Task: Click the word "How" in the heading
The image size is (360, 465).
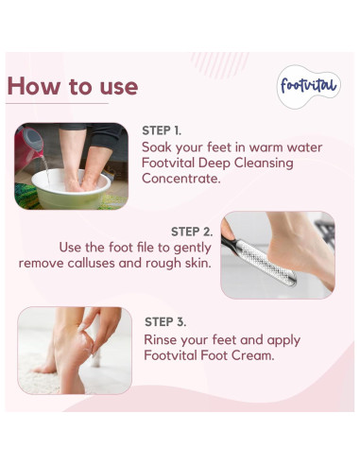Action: (x=36, y=86)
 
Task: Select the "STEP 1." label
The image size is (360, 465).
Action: (x=162, y=130)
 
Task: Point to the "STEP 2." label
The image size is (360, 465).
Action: (x=192, y=231)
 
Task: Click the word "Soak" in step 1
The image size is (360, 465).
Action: (x=160, y=147)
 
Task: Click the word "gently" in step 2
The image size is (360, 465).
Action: (x=189, y=247)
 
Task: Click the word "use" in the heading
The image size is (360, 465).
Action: (x=114, y=86)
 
